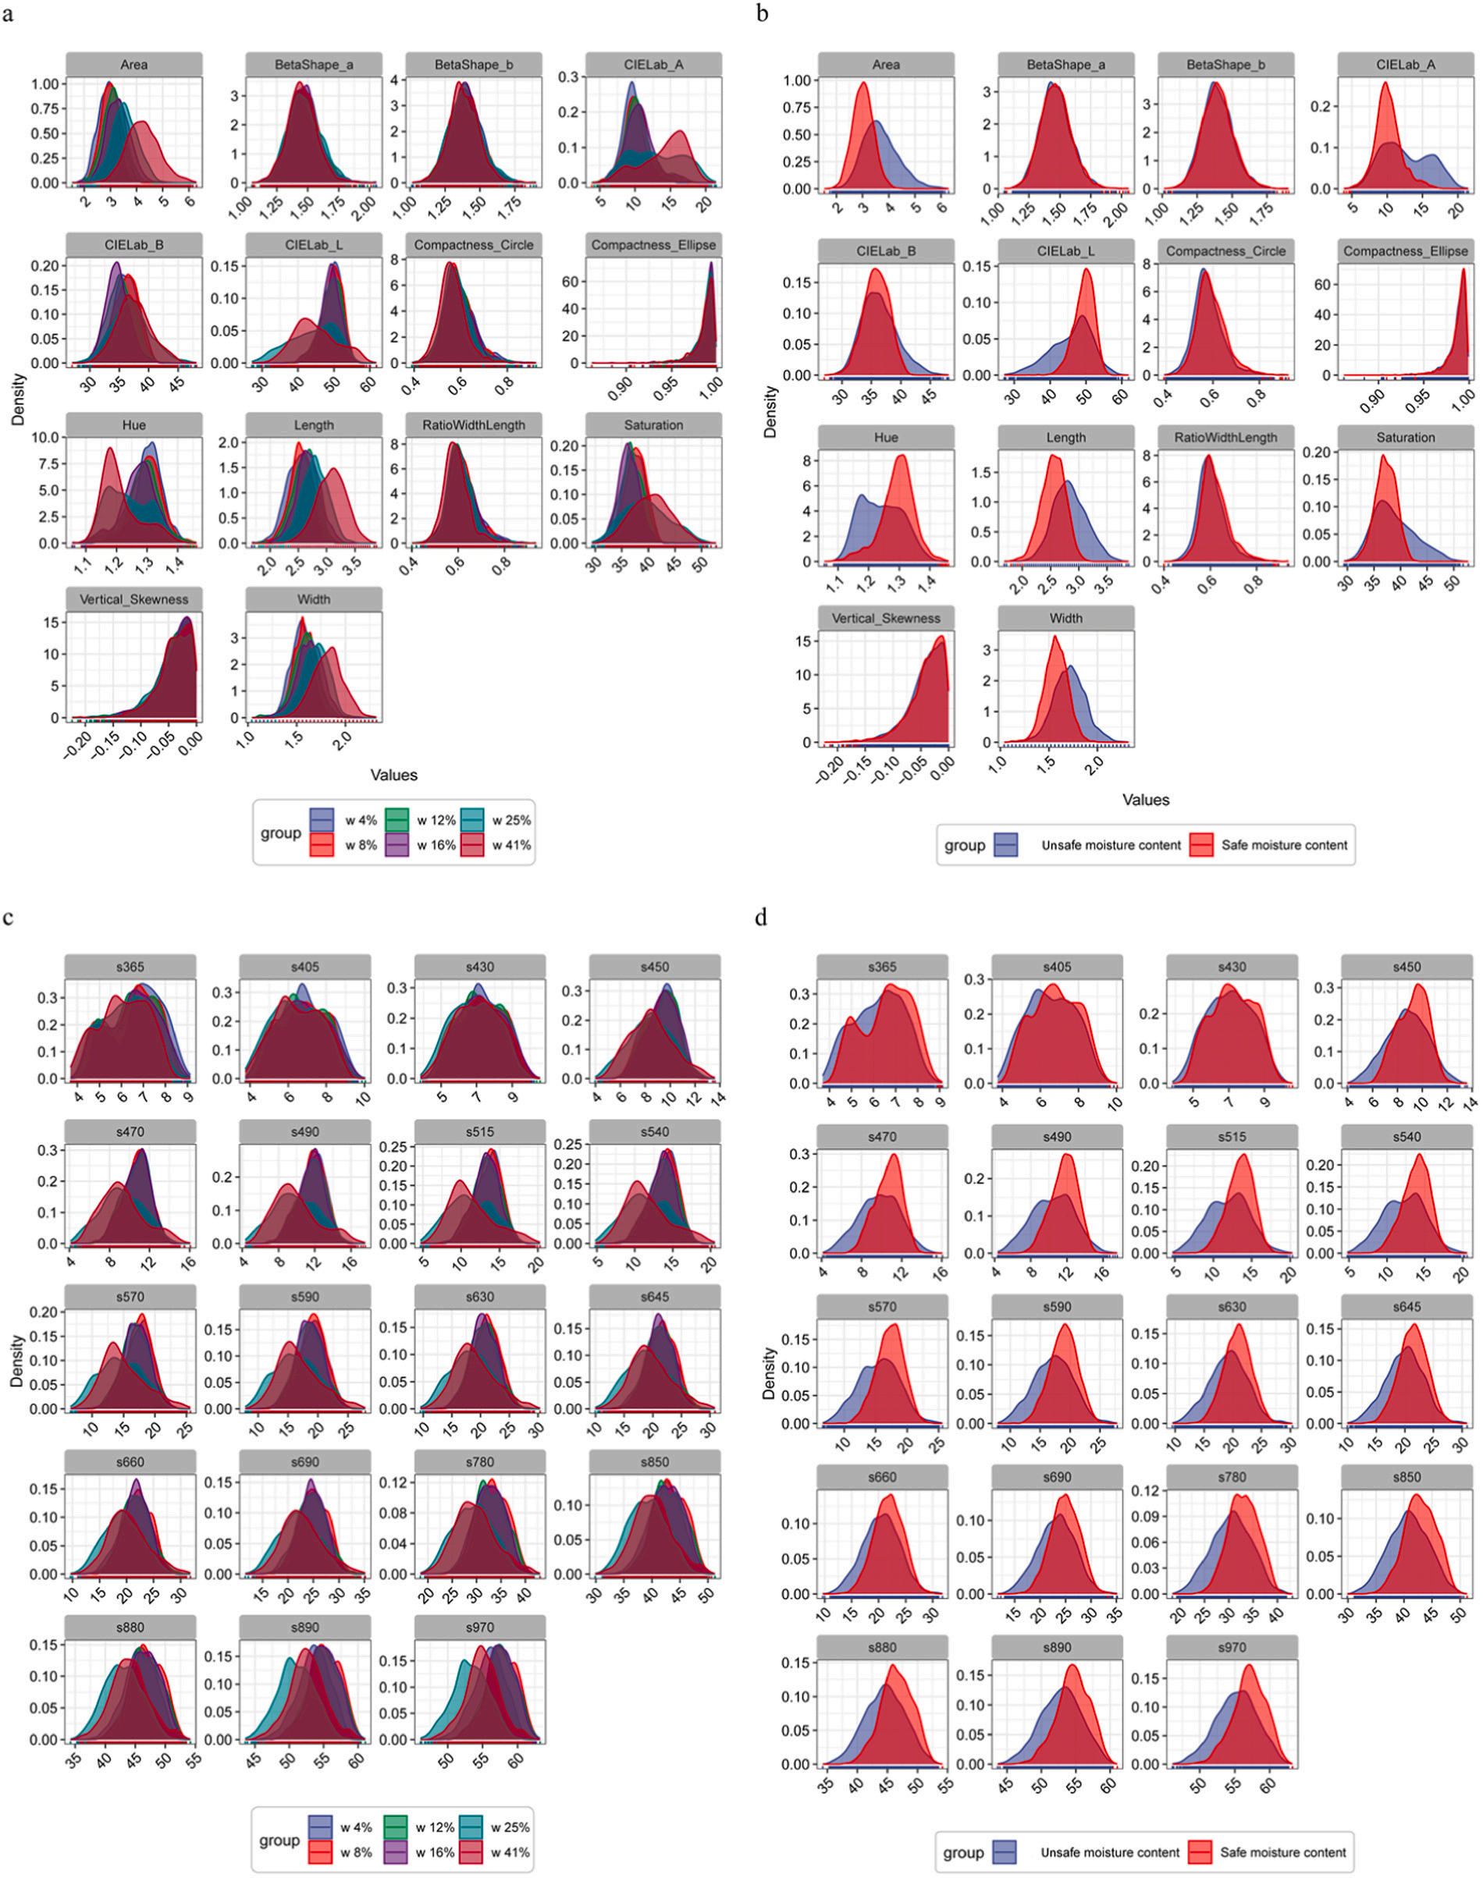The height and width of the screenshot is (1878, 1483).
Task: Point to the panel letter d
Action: (762, 918)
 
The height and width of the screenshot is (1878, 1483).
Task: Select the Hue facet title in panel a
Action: (133, 425)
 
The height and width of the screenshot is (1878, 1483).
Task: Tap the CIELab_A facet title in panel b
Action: (1406, 64)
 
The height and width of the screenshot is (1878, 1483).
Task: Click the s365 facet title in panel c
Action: (130, 966)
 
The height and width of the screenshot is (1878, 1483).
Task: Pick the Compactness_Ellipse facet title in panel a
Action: (653, 245)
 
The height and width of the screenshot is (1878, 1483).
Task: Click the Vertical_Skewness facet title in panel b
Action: (886, 618)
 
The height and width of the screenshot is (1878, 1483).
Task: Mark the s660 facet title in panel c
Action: (130, 1461)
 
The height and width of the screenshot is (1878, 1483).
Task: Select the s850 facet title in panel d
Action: (1407, 1476)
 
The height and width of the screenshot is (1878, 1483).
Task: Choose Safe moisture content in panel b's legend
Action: (1283, 844)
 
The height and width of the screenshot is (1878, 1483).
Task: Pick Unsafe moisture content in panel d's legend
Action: (1109, 1852)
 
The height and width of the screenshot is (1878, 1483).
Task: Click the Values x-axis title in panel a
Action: (393, 775)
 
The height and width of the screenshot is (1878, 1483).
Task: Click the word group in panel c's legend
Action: (279, 1840)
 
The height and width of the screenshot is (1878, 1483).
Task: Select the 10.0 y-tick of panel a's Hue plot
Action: (46, 438)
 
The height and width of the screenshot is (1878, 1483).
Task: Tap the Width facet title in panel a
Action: (314, 598)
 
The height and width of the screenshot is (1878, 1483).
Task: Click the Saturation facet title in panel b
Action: (1406, 438)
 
